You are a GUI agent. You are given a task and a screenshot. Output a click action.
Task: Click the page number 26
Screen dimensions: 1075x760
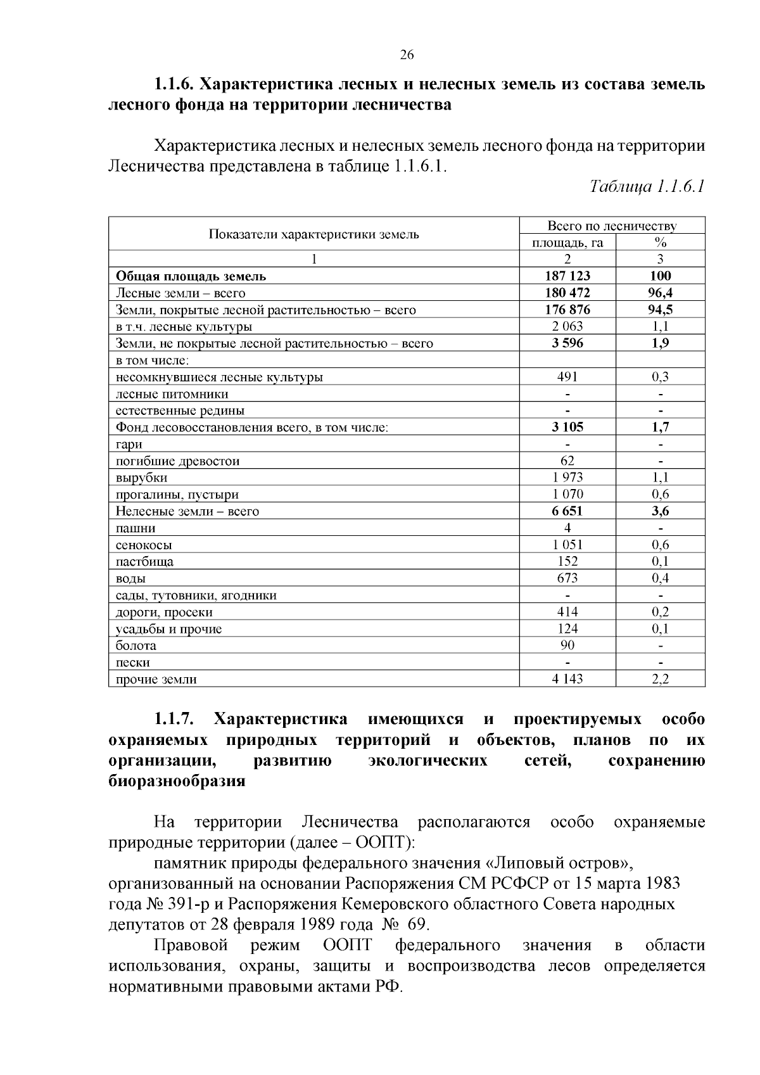[407, 55]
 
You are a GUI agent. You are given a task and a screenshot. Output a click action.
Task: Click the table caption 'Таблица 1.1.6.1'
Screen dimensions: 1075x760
[647, 187]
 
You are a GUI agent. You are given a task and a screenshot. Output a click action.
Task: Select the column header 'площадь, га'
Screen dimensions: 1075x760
[567, 243]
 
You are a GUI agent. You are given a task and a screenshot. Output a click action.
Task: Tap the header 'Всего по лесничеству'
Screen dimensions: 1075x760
[612, 226]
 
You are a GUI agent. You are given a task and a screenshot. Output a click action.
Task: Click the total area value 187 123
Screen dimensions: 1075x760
[567, 276]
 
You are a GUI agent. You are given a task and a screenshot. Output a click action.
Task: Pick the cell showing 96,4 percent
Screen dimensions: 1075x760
[660, 293]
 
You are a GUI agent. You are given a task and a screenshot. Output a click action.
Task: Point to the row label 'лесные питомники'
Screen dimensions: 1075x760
[172, 394]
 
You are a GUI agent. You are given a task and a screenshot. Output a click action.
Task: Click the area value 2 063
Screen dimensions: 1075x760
[567, 326]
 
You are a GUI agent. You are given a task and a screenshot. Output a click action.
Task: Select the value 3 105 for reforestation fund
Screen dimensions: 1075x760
[567, 427]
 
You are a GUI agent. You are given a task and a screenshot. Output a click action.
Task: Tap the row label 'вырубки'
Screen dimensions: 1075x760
[141, 478]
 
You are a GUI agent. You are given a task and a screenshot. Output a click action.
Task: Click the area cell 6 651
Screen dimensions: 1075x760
[567, 511]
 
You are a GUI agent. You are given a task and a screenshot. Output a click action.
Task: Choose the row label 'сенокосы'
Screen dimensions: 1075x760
[144, 545]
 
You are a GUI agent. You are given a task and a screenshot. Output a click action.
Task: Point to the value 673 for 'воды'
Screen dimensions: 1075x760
[567, 578]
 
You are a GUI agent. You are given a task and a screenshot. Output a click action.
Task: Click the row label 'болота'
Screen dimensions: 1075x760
[136, 646]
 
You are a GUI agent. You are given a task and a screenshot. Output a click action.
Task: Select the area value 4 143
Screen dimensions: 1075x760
[567, 679]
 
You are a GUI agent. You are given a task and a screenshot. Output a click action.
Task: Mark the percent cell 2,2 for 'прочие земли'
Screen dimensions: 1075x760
[660, 679]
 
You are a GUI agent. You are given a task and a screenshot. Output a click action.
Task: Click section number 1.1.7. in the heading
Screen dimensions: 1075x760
[174, 720]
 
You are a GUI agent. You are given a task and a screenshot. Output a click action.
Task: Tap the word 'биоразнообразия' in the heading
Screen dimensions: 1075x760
[177, 781]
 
